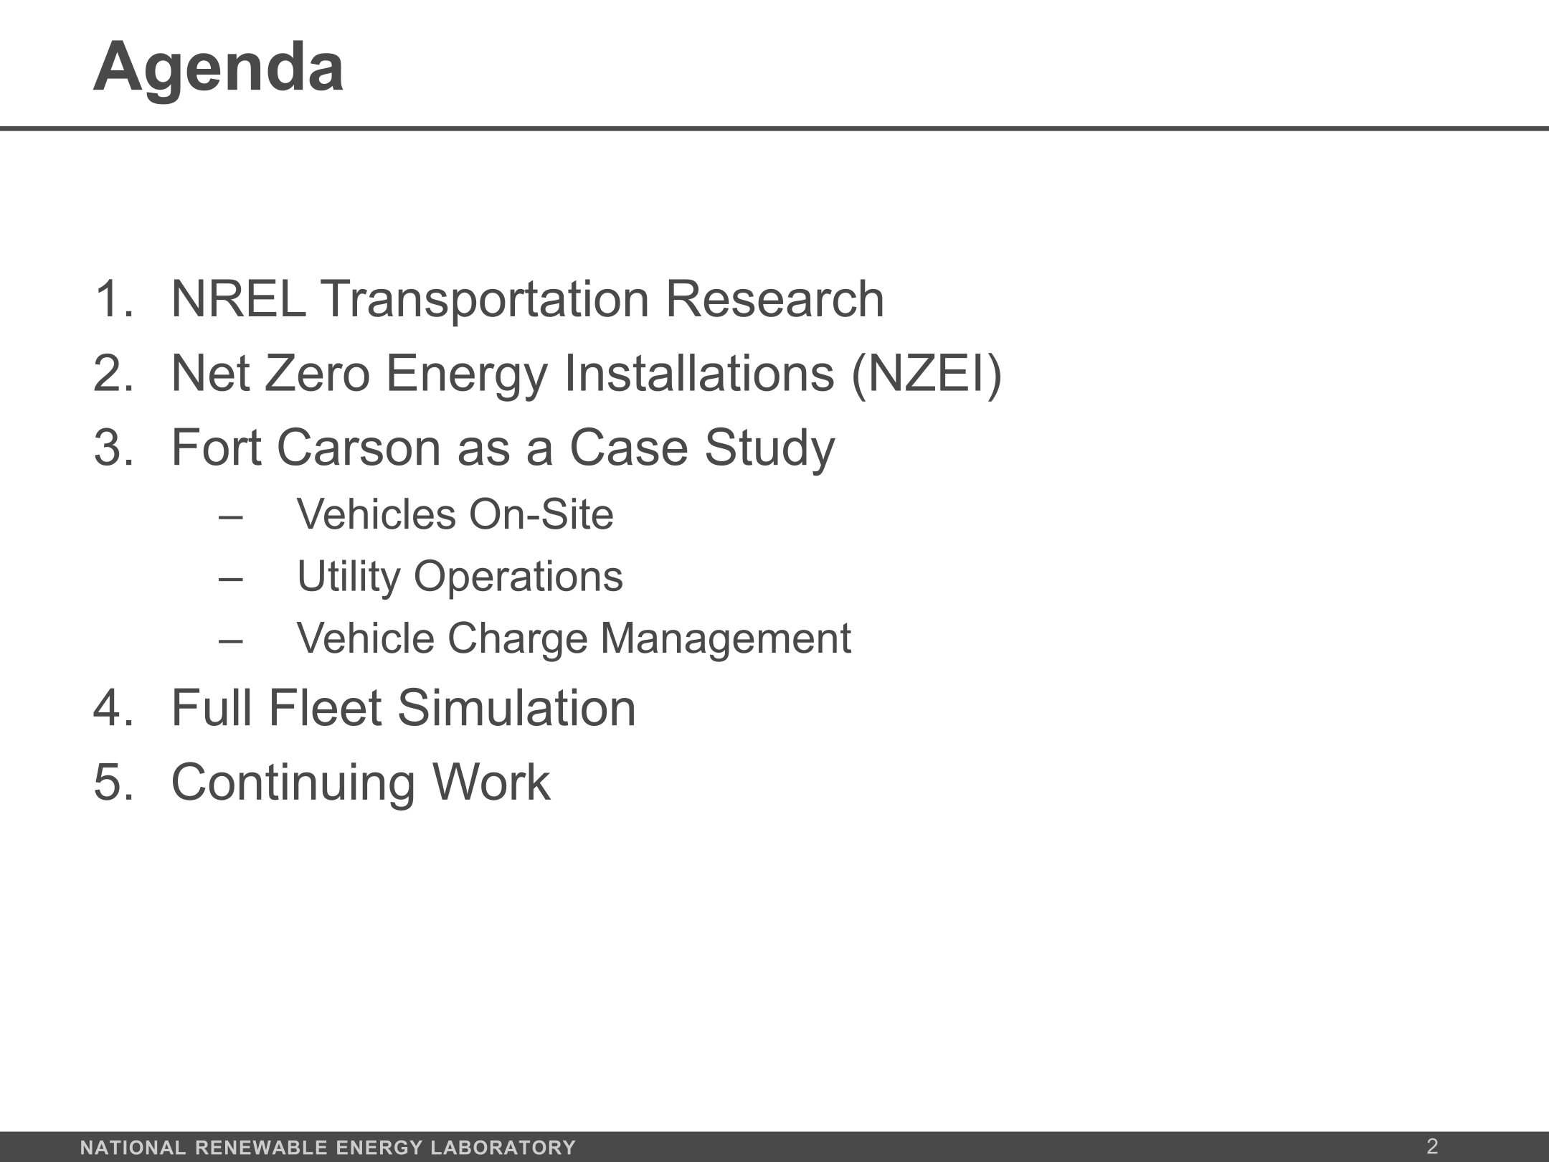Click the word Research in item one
(x=774, y=299)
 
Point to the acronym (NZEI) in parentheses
(x=927, y=374)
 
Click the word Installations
(x=700, y=374)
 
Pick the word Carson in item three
(x=359, y=448)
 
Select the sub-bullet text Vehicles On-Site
(x=455, y=514)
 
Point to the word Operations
(x=518, y=577)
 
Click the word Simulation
(x=516, y=708)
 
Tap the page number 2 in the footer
(x=1432, y=1146)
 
